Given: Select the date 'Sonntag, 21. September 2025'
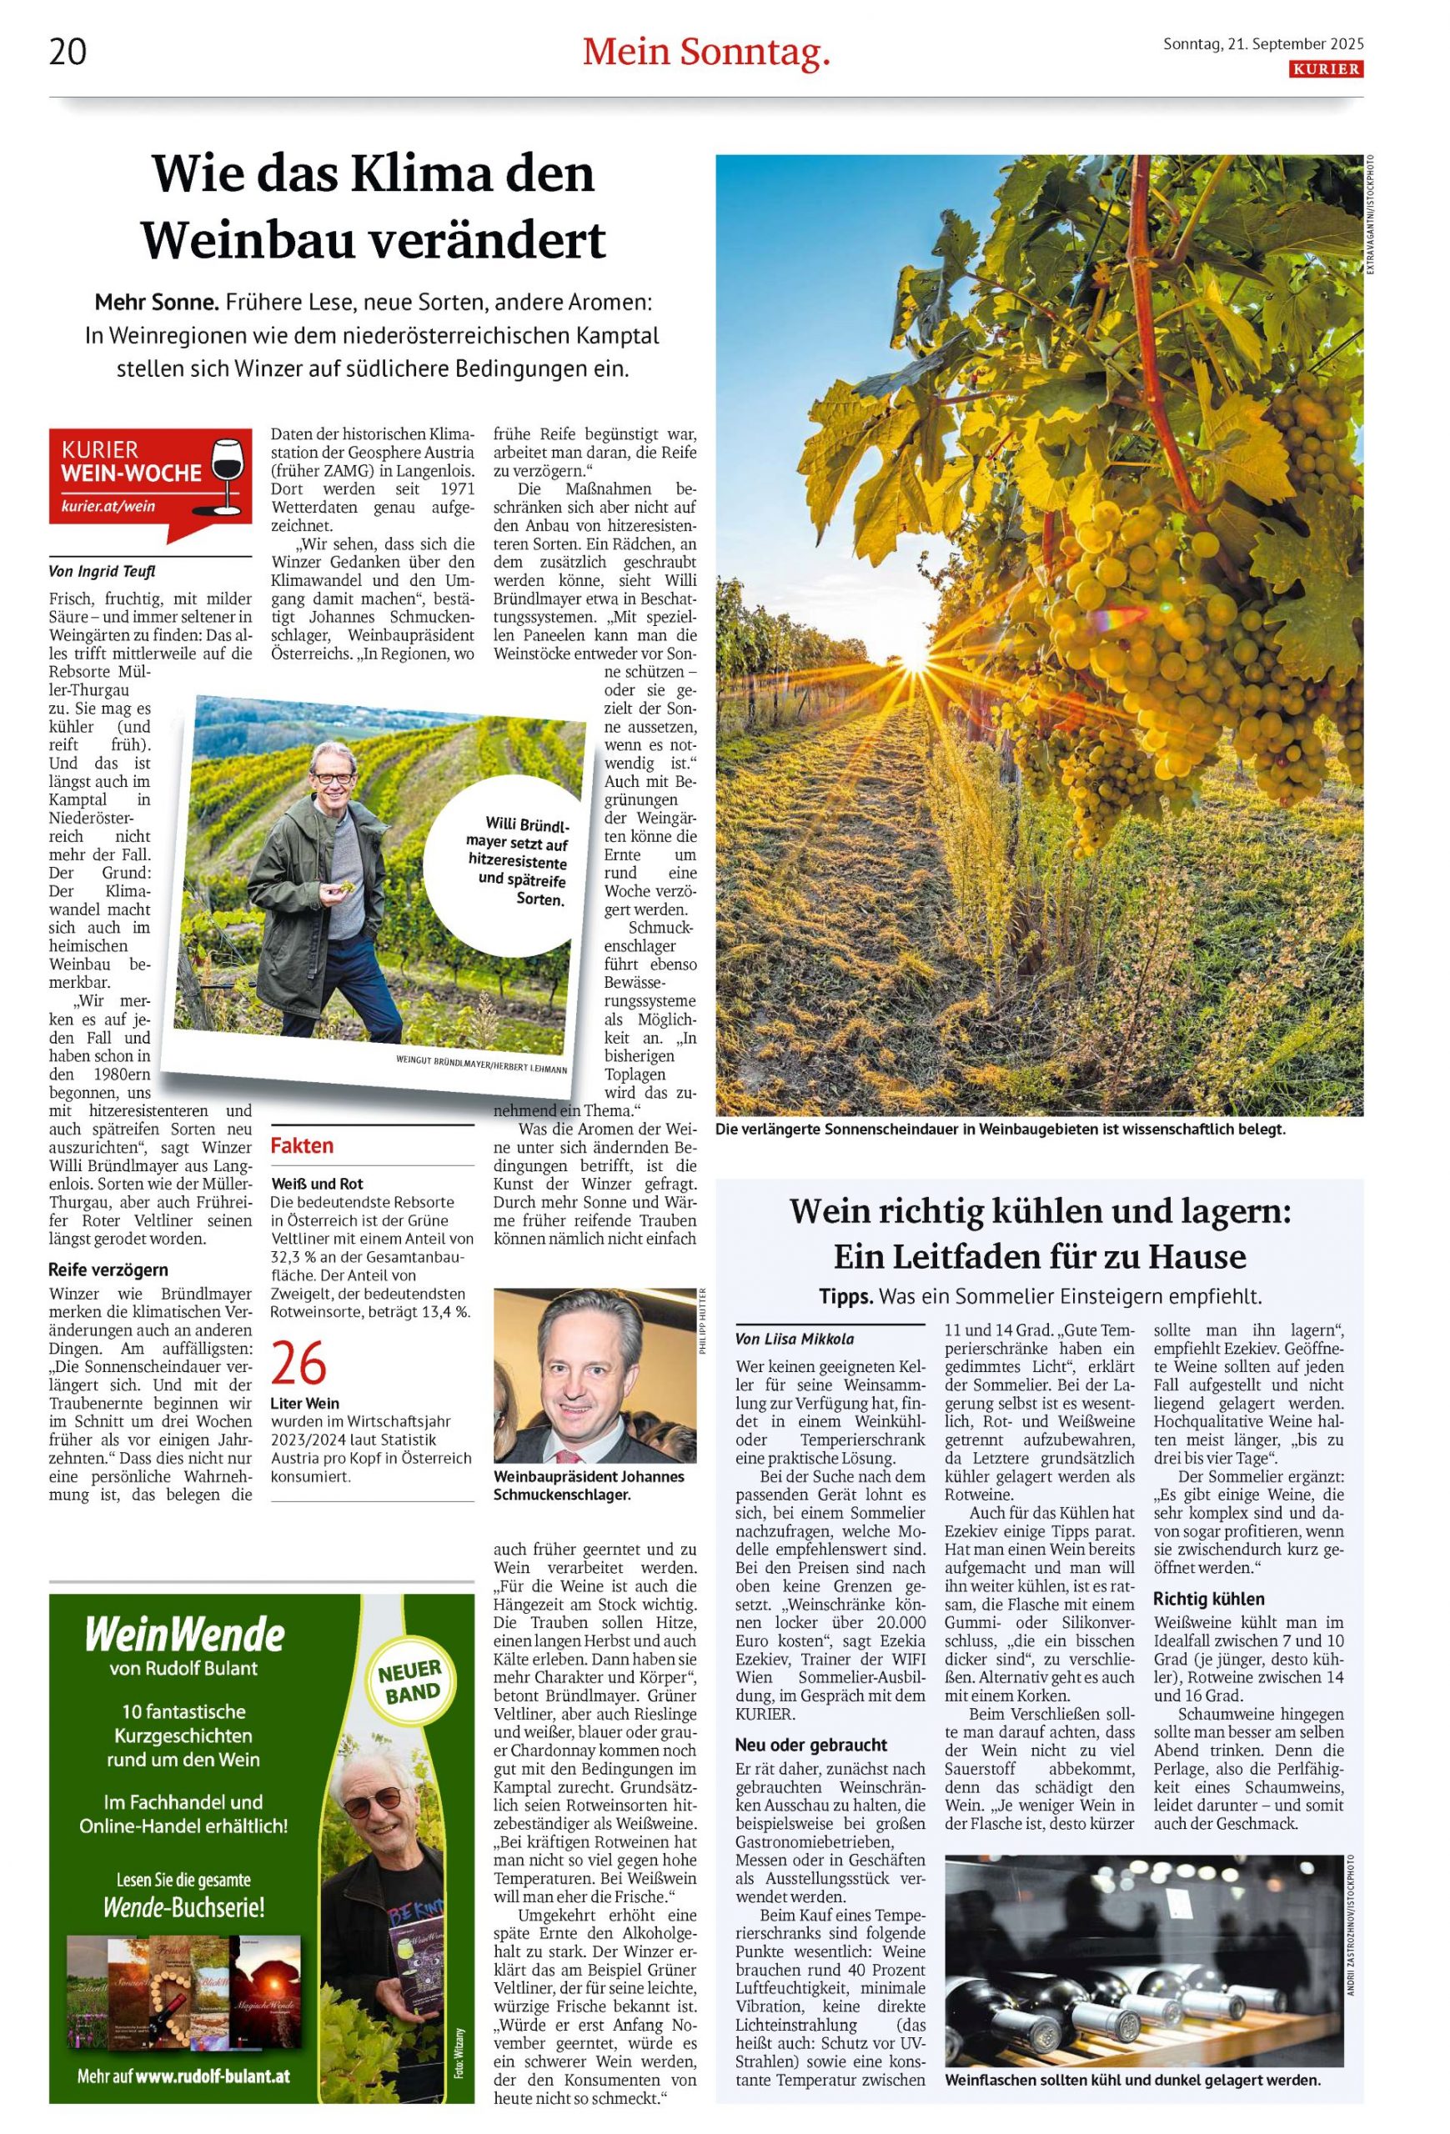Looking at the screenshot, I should coord(1262,43).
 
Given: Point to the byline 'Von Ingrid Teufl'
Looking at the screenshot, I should coord(102,571).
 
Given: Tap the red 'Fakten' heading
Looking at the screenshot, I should coord(302,1145).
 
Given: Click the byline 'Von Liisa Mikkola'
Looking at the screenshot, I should coord(795,1340).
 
